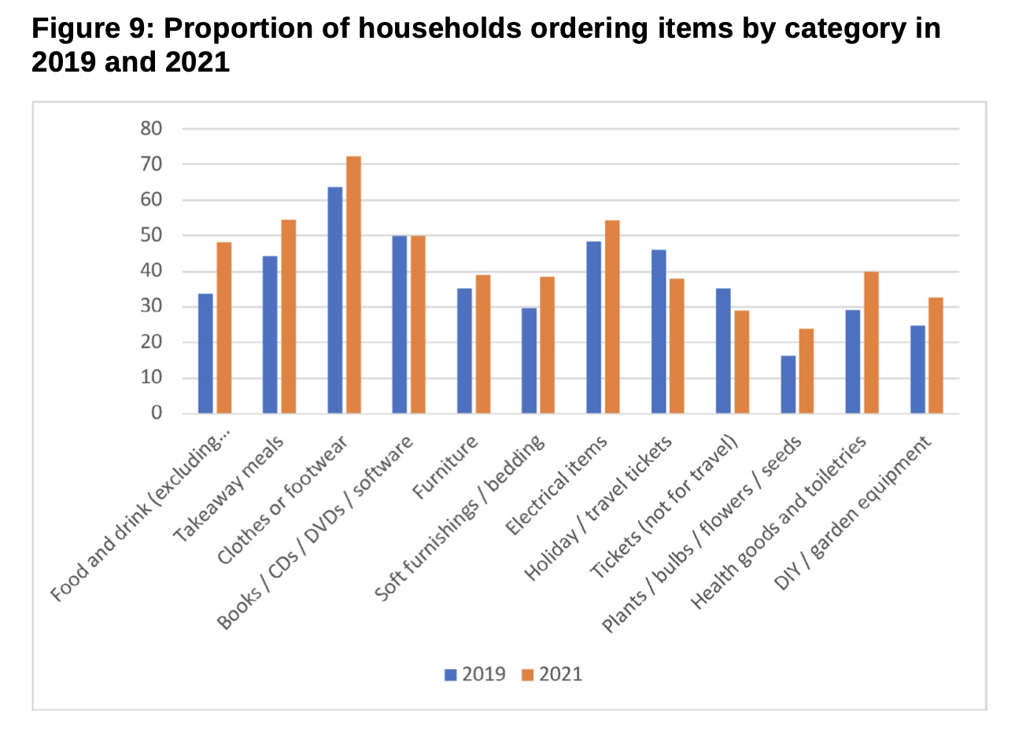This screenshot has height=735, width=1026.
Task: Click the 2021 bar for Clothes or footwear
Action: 353,285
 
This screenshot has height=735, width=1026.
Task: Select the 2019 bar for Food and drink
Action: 205,353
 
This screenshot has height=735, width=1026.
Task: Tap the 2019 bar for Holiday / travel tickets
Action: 659,331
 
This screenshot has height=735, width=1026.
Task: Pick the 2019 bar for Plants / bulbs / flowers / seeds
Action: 788,384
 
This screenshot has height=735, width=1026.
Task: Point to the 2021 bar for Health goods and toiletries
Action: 871,342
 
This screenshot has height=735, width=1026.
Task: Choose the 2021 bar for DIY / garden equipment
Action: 936,355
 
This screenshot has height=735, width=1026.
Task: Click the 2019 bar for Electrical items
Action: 594,327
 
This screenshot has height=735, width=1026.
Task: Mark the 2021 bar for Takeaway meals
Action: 289,316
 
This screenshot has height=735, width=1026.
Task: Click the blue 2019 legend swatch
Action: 451,674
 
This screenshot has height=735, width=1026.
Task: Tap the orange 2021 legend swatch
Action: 528,674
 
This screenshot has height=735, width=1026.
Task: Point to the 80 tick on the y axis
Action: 151,128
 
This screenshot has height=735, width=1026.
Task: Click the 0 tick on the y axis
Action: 157,413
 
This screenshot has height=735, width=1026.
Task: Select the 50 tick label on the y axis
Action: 151,235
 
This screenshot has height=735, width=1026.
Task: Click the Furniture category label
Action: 446,467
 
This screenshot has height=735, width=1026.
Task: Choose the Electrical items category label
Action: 557,486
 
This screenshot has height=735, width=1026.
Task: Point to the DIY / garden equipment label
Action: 853,512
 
